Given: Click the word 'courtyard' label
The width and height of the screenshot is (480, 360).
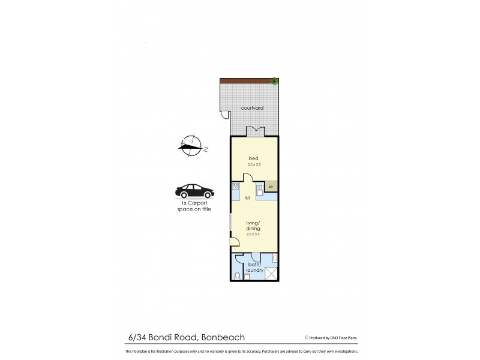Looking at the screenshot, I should tap(253, 108).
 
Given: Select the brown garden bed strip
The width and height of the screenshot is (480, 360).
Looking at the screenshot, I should tap(246, 81).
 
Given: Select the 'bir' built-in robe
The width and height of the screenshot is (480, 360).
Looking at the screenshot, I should tap(271, 187).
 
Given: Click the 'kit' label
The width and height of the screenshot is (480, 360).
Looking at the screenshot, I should tap(247, 197).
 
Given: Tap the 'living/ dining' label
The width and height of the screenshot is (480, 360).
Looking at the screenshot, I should tap(253, 224).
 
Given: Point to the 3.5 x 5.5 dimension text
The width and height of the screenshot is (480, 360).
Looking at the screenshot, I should tap(253, 234).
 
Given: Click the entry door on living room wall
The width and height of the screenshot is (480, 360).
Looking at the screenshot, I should tap(235, 242).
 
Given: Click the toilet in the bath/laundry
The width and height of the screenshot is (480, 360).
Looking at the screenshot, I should tap(238, 275).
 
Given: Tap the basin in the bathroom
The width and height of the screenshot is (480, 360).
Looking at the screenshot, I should tap(274, 258).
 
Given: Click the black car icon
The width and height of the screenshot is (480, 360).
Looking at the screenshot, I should tap(193, 192).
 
